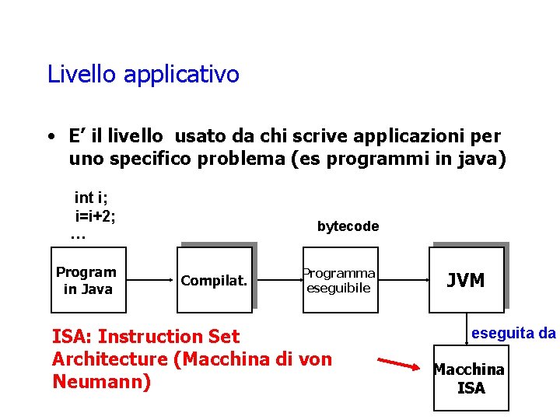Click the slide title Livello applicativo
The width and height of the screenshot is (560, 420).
coord(143,75)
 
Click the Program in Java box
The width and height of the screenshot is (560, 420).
coord(86,281)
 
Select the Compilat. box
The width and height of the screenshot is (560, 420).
coord(214,280)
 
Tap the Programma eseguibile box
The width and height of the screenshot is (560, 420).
coord(340,281)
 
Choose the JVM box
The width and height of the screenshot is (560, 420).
coord(467,280)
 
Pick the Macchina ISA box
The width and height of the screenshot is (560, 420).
coord(470,378)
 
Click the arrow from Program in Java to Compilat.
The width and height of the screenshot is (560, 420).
coord(149,280)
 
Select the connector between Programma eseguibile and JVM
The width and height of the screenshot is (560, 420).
coord(404,280)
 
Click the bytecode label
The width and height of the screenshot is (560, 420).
coord(348,226)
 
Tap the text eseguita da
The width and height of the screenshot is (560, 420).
coord(513,333)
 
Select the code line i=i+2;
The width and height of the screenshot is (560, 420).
coord(95,215)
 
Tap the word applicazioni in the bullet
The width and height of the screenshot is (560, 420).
coord(415,136)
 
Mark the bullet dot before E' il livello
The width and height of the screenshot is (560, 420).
coord(50,138)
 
